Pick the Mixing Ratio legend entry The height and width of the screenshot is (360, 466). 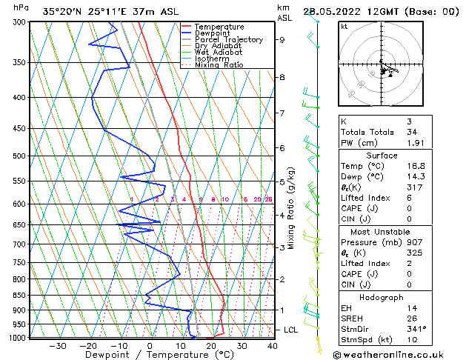coord(219,65)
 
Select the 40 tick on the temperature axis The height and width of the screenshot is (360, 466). coord(273,345)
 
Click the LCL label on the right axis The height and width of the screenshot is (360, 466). coord(290,330)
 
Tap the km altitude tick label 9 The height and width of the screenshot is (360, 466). coord(282,40)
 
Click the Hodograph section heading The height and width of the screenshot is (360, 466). coord(382,296)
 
